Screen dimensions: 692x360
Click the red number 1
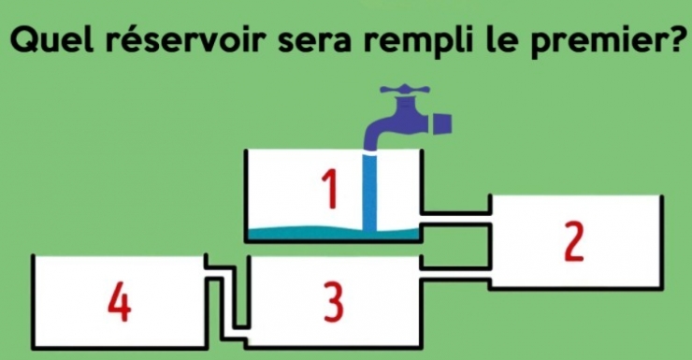pyautogui.click(x=327, y=188)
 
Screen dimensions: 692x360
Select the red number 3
pyautogui.click(x=333, y=302)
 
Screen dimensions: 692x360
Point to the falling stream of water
pyautogui.click(x=371, y=192)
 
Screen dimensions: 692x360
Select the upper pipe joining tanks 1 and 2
pyautogui.click(x=456, y=219)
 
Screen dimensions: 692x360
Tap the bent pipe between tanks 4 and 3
pyautogui.click(x=228, y=299)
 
